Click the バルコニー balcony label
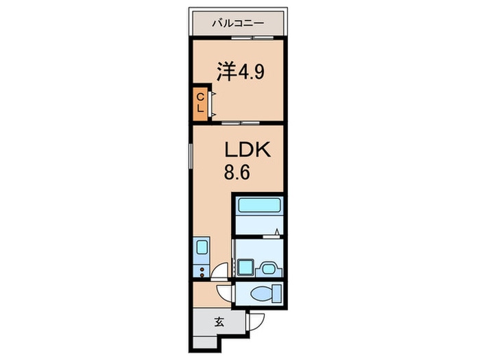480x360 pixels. (238, 23)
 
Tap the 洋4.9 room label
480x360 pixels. (240, 71)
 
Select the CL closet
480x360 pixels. (200, 104)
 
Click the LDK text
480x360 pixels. (248, 150)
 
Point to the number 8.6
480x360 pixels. (237, 172)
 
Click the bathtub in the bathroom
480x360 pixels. (260, 205)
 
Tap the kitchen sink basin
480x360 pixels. (202, 247)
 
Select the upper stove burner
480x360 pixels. (202, 269)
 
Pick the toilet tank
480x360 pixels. (277, 293)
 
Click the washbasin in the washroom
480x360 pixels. (269, 269)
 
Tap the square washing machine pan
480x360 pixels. (245, 267)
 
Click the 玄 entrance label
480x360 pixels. (219, 322)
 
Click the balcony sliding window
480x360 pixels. (252, 38)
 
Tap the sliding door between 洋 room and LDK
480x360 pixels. (241, 123)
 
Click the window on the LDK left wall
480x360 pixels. (191, 156)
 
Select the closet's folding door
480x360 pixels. (211, 104)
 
